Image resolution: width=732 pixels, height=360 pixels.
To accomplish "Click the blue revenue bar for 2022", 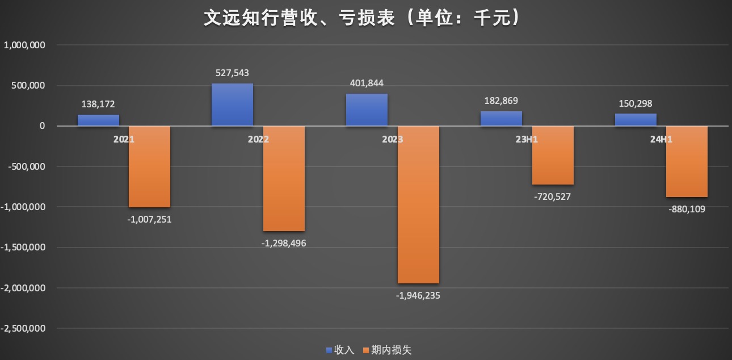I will [x=232, y=105].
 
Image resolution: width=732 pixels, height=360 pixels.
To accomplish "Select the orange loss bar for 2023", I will [x=418, y=204].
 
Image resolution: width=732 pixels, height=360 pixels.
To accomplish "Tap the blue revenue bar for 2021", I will [x=98, y=120].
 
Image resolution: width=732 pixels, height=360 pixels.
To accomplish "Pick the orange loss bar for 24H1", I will [x=687, y=161].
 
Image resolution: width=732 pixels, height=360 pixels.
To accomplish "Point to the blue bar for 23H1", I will [x=501, y=119].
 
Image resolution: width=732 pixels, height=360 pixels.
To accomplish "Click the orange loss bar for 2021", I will [x=149, y=166].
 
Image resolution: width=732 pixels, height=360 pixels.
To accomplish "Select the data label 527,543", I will [x=232, y=73].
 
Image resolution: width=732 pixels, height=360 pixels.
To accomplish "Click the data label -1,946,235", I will [x=418, y=295].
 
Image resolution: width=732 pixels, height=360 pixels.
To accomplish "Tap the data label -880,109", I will [x=687, y=209].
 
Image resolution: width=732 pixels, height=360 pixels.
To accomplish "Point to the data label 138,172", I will [x=98, y=104].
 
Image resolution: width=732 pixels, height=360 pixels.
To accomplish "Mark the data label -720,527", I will [x=552, y=197].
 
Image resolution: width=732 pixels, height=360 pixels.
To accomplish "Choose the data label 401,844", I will [x=367, y=83].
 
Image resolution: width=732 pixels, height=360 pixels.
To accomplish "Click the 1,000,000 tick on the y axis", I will [x=24, y=45].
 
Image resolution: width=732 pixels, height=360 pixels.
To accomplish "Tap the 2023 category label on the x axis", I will [x=392, y=139].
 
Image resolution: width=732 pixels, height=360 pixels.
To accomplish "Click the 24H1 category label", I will [x=661, y=139].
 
